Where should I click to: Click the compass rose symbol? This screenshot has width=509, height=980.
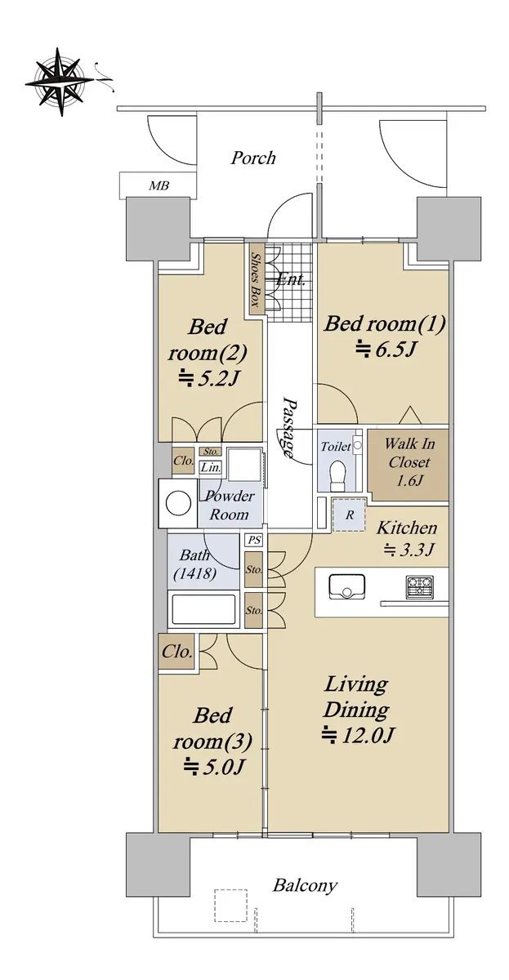(x=60, y=82)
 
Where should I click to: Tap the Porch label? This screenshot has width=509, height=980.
(x=253, y=158)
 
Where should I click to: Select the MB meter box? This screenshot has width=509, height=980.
(x=158, y=185)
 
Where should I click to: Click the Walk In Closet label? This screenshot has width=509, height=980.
(x=409, y=453)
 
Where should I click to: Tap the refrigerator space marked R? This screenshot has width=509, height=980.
(x=349, y=514)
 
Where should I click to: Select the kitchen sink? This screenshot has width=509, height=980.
(x=346, y=586)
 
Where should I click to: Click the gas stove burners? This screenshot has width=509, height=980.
(x=420, y=587)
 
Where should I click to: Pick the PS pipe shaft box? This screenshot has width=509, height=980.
(x=254, y=541)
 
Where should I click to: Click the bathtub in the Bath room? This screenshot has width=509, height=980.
(x=203, y=608)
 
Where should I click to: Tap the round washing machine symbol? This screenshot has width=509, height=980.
(x=178, y=503)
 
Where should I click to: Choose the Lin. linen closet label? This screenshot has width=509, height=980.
(x=211, y=468)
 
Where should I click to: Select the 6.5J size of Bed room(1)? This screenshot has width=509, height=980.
(x=385, y=350)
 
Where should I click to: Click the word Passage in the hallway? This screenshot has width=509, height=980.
(x=287, y=426)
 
